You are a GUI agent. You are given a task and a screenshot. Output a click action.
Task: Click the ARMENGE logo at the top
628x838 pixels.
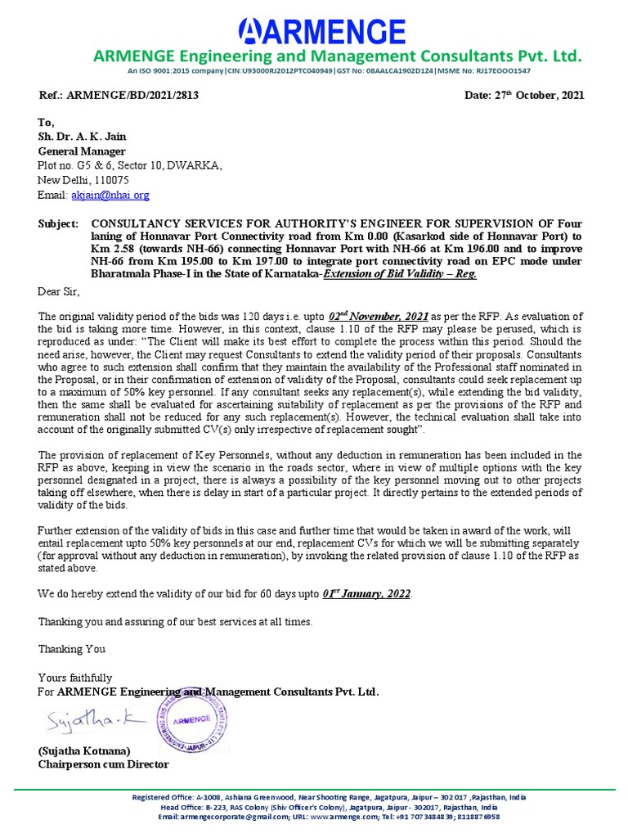click(321, 31)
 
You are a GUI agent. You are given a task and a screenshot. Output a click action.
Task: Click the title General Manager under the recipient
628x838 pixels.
click(82, 151)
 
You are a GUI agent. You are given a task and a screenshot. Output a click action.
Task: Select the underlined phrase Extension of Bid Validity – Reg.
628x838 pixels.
click(400, 274)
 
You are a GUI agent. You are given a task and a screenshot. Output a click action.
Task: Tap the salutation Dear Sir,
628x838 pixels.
click(60, 291)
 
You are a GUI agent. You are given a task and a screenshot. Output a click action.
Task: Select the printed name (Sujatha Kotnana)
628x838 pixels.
click(83, 750)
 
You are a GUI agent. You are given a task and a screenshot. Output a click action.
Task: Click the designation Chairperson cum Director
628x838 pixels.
click(103, 764)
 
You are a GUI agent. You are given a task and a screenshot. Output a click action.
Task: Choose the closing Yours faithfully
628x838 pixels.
click(75, 678)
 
